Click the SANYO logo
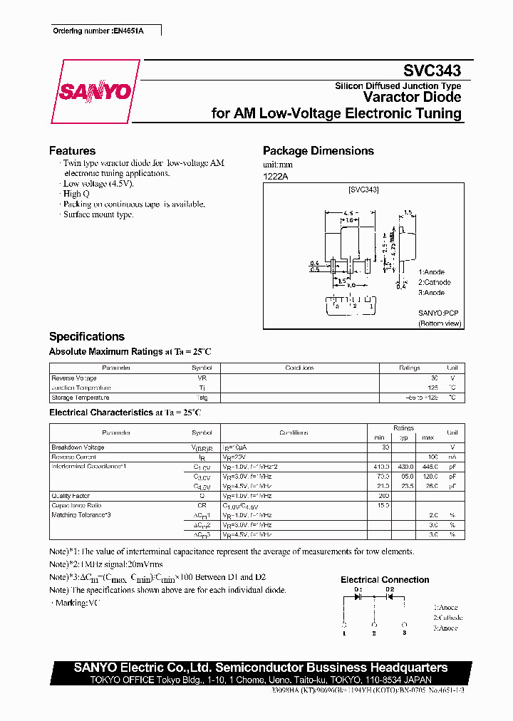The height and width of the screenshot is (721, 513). coord(95,91)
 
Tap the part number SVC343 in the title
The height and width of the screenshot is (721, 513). coord(432,71)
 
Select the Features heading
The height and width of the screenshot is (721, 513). coord(72,151)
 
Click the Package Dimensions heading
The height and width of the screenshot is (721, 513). coord(318,151)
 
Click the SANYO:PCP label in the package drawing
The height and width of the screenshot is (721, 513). coord(439,312)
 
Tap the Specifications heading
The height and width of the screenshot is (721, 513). coord(86,336)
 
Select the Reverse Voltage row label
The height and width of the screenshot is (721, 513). coord(74,378)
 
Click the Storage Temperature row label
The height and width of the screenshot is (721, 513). coord(80,398)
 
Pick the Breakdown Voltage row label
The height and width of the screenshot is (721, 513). coord(78,447)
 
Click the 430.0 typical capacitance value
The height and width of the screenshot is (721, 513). coord(405,466)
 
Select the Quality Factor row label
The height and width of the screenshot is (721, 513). coord(69,494)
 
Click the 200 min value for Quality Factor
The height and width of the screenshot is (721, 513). coord(384,494)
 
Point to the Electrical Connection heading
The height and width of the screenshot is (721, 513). coord(385,580)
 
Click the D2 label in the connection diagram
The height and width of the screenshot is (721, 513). coord(390,589)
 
